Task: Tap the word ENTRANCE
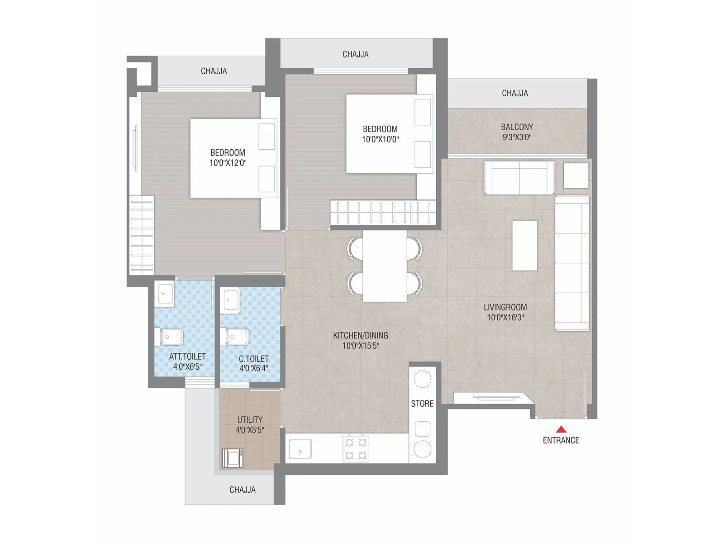(x=561, y=440)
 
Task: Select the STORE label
(x=422, y=404)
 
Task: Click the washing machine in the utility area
(x=233, y=457)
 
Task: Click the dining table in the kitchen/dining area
(x=385, y=267)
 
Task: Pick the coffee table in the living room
(x=524, y=245)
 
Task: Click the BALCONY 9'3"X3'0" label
(x=517, y=132)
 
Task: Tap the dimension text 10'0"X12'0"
(x=228, y=163)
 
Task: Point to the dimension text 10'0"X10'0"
(x=380, y=139)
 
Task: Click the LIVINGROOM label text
(x=505, y=307)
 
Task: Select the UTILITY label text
(x=250, y=419)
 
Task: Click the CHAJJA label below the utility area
(x=243, y=490)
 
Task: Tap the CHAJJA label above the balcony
(x=514, y=93)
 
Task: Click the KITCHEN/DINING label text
(x=361, y=335)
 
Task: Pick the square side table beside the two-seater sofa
(x=576, y=175)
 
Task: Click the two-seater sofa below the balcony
(x=519, y=177)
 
